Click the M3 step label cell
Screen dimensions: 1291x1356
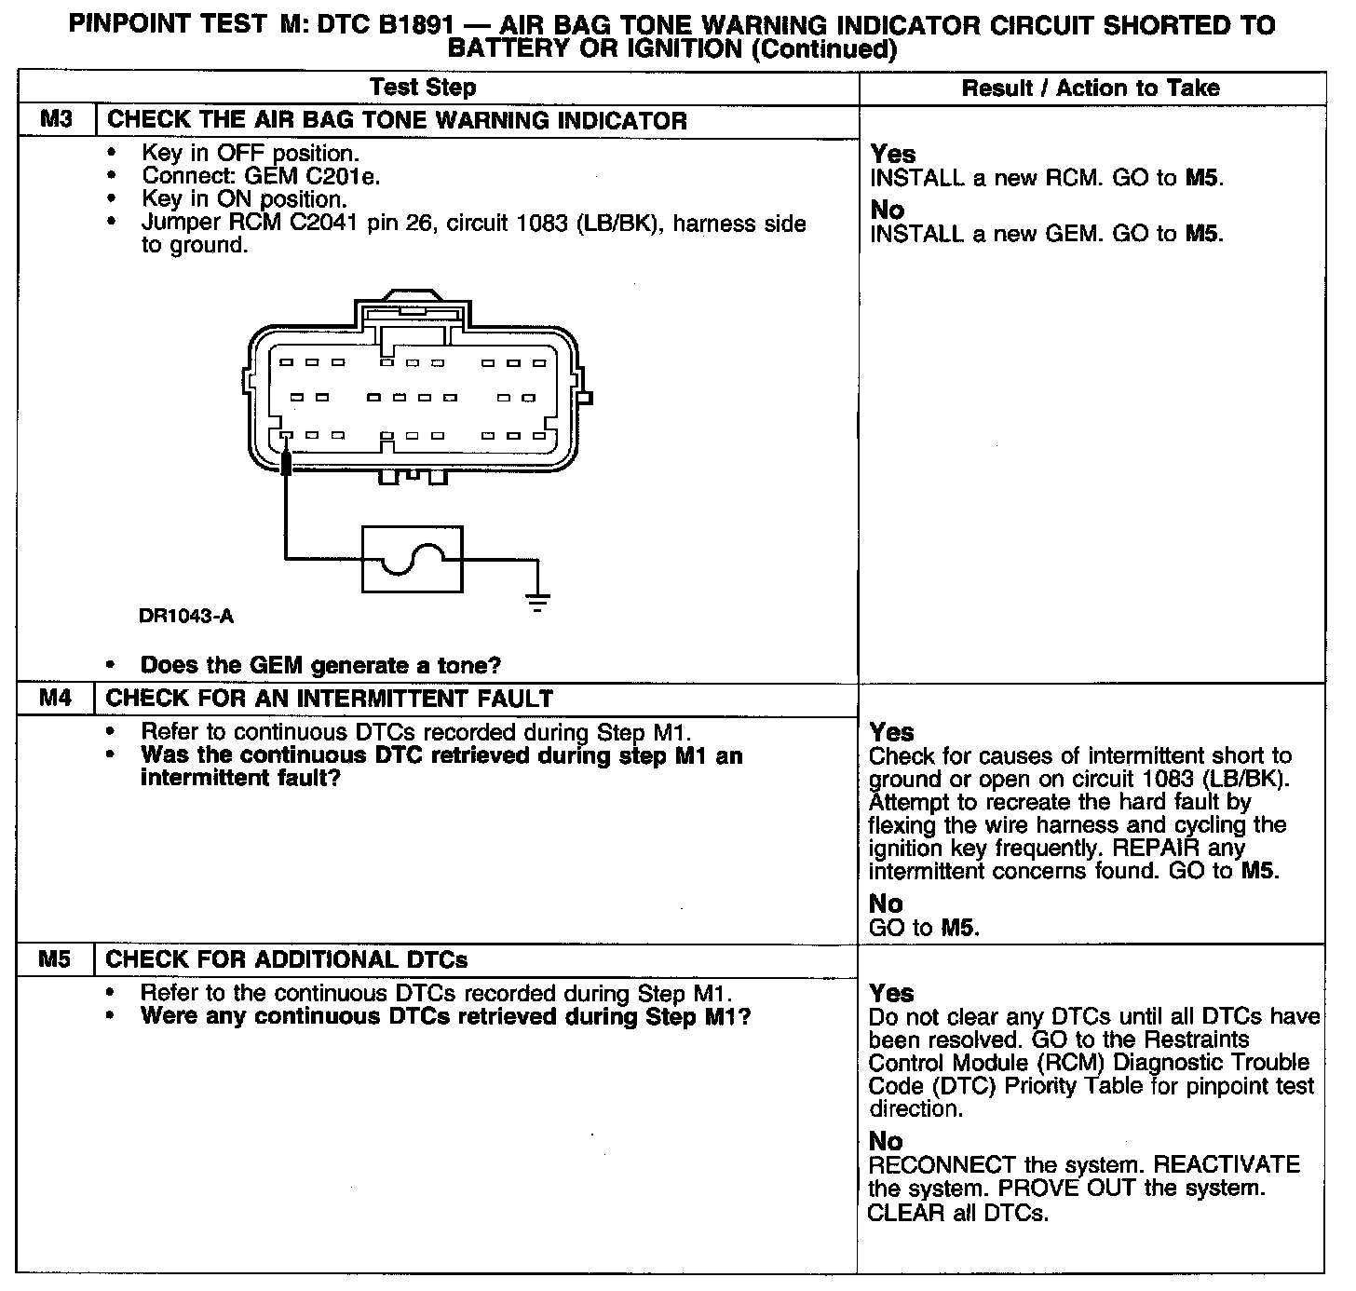[56, 120]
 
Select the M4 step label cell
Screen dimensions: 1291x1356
[56, 698]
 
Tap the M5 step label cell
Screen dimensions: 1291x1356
[56, 958]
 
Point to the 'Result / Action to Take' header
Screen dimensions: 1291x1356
[1090, 88]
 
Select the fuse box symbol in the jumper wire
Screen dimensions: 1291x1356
[412, 559]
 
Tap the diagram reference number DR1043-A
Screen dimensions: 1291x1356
[186, 616]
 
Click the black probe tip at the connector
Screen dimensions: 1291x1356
[286, 461]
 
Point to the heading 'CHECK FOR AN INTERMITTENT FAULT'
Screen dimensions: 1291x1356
[330, 698]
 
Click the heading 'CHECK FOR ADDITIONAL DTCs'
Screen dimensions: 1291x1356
[287, 959]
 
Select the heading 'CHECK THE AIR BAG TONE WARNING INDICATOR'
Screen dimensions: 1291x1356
[398, 120]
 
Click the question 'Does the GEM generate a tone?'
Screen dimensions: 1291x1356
[320, 665]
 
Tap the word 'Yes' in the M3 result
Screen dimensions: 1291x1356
[893, 154]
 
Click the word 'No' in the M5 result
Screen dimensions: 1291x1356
[886, 1141]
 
